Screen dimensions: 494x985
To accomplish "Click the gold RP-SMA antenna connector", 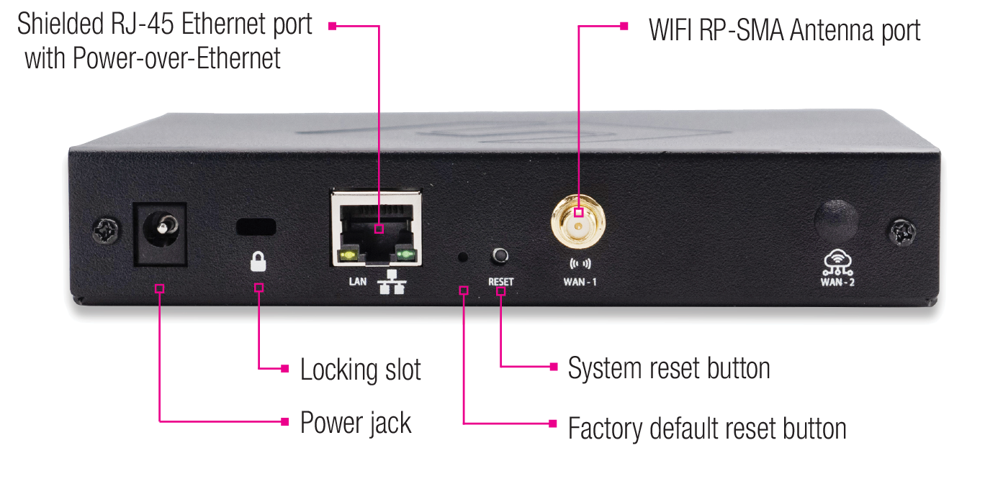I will (578, 218).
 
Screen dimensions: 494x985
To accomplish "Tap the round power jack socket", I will (160, 231).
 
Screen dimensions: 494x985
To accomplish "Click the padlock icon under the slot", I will (258, 260).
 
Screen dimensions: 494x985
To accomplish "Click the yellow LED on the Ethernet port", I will (348, 255).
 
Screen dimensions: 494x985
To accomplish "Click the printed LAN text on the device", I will (358, 281).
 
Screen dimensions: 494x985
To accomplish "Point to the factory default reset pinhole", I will (463, 256).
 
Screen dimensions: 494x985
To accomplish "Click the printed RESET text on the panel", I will (501, 281).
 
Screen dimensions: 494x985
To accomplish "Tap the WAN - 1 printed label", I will (580, 282).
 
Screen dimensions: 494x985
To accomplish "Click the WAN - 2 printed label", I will (837, 281).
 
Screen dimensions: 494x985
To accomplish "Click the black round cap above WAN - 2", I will (836, 219).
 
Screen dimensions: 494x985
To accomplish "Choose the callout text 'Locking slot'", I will (360, 370).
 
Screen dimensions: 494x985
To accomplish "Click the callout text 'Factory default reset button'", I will (706, 429).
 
